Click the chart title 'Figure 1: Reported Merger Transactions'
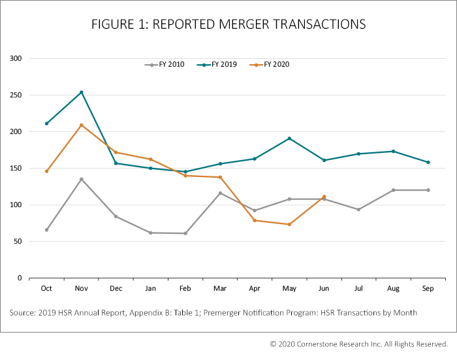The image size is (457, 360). click(x=228, y=24)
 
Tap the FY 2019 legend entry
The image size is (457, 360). click(x=219, y=65)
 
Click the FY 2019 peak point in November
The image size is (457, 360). click(x=82, y=92)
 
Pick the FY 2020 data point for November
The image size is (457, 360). click(x=82, y=125)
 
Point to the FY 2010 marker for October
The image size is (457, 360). click(x=46, y=230)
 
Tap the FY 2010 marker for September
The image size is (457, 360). click(x=428, y=190)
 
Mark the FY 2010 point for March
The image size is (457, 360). click(x=220, y=193)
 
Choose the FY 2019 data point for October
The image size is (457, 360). click(x=46, y=123)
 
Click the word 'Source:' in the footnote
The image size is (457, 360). click(x=22, y=313)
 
